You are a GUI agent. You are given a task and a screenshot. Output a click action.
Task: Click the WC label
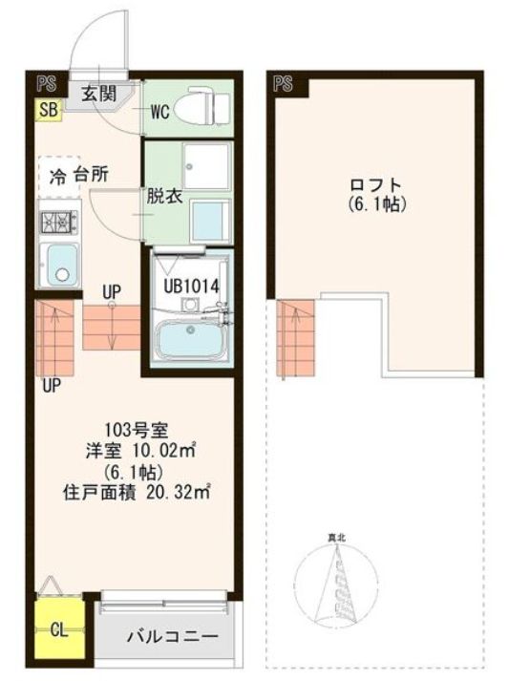pos(159,112)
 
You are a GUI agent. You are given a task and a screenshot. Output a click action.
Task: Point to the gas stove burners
pos(56,223)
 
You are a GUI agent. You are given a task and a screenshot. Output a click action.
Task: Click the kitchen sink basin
pos(59,265)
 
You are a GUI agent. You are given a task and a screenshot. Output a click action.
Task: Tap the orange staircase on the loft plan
pos(297,338)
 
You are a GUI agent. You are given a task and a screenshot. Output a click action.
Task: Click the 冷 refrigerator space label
pos(58,176)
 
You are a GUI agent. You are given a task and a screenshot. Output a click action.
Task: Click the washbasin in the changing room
pos(210,219)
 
